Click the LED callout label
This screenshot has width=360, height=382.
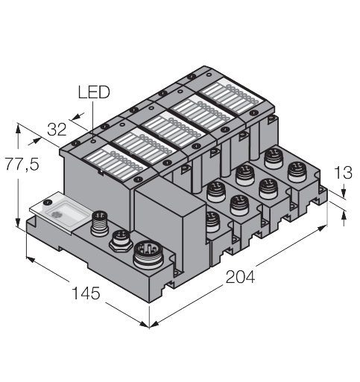tap(94, 92)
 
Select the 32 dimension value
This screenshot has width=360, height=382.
tap(57, 130)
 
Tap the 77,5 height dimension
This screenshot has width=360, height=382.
tap(22, 164)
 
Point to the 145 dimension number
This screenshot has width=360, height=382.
tap(86, 293)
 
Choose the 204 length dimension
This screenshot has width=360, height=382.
tap(240, 277)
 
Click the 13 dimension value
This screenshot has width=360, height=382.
tap(343, 173)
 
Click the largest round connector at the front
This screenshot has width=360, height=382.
tap(148, 254)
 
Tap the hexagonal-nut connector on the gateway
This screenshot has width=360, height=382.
tap(121, 241)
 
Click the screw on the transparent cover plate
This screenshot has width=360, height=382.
tap(47, 202)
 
